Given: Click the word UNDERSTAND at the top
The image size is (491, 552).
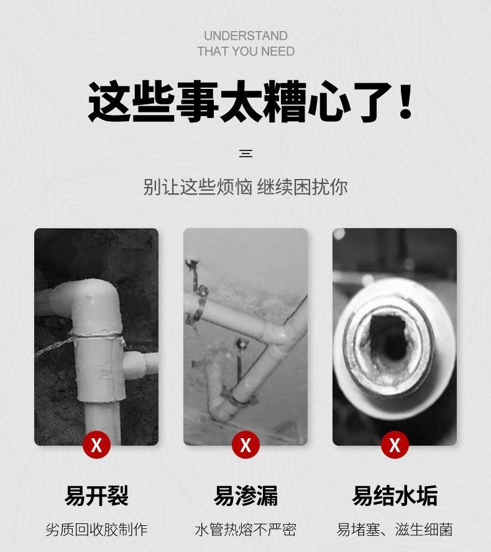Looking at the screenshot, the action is pos(245,36).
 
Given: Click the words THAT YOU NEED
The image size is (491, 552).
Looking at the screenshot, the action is pos(245,52).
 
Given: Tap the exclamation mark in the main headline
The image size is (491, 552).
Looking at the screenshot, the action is pos(405,101).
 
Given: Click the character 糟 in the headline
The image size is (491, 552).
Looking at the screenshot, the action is pos(285,101).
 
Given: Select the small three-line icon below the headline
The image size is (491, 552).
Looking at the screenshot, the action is pos(245,154).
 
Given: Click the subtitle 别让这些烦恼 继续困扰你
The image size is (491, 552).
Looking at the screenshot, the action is pos(245,186).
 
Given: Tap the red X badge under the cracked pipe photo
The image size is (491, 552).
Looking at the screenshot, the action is pos(97,444).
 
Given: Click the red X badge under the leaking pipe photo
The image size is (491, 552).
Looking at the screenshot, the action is pos(245,444).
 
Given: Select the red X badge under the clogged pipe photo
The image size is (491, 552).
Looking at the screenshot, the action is pos(395,444).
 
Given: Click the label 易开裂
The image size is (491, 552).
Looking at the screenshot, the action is pos(96,495).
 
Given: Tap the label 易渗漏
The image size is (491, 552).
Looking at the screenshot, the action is pos(245,495).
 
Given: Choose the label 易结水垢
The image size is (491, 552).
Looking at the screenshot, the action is pos(395,495).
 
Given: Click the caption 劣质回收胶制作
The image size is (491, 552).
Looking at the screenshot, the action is pos(96,530).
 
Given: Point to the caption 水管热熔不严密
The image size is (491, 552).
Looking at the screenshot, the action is pos(245,530).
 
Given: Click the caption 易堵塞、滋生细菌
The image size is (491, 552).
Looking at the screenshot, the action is pos(395,530).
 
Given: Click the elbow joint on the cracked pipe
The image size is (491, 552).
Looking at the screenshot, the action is pos(92,303).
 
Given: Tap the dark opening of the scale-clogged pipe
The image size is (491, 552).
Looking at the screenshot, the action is pos(388,338).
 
